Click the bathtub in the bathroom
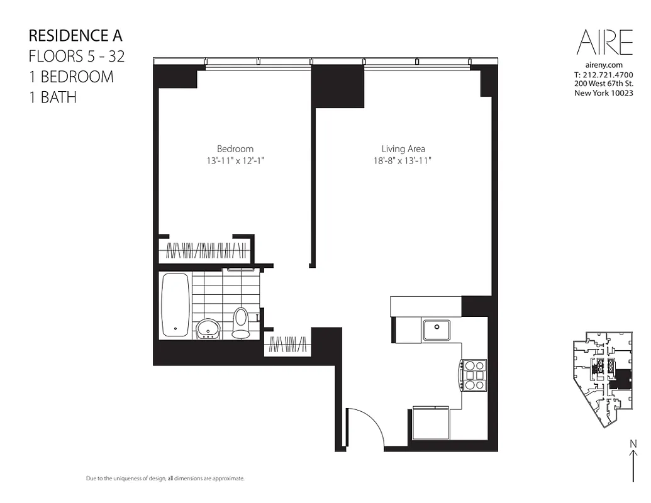click(175, 305)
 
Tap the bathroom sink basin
click(208, 328)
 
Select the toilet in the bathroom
click(241, 322)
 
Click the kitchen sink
click(436, 329)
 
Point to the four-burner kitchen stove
click(474, 375)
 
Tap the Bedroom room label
click(235, 149)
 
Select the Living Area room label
click(403, 149)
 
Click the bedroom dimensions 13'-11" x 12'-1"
click(235, 160)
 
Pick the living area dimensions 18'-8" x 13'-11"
click(403, 160)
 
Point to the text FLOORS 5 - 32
click(77, 57)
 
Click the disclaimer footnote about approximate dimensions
click(165, 479)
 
